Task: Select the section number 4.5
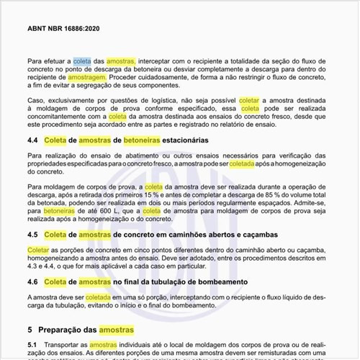pyautogui.click(x=34, y=235)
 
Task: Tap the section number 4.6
pyautogui.click(x=34, y=282)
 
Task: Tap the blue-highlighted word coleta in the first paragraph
pyautogui.click(x=82, y=62)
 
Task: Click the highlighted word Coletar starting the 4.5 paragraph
pyautogui.click(x=39, y=249)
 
